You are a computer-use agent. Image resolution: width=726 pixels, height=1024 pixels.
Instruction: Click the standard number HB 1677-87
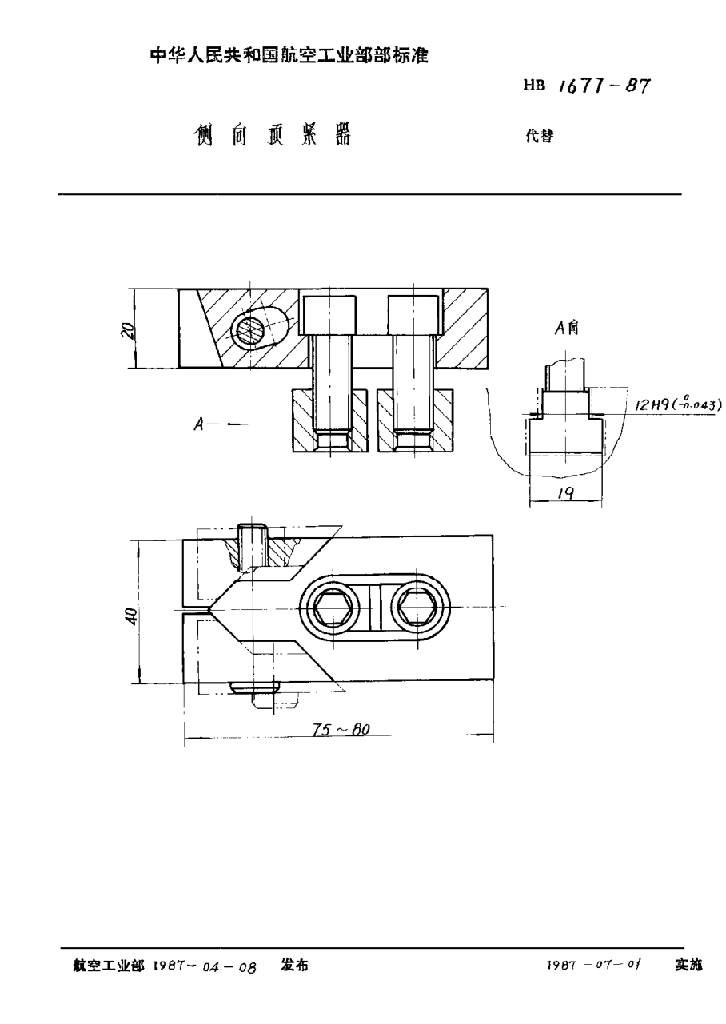coord(586,86)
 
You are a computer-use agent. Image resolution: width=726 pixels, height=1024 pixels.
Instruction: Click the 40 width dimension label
coord(133,615)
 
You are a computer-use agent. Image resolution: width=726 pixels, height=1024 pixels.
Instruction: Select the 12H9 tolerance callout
coord(677,405)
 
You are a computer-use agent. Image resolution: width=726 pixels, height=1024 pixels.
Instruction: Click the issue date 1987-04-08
coord(204,966)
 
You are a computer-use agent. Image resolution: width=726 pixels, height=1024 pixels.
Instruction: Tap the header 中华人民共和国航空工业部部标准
coord(289,56)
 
